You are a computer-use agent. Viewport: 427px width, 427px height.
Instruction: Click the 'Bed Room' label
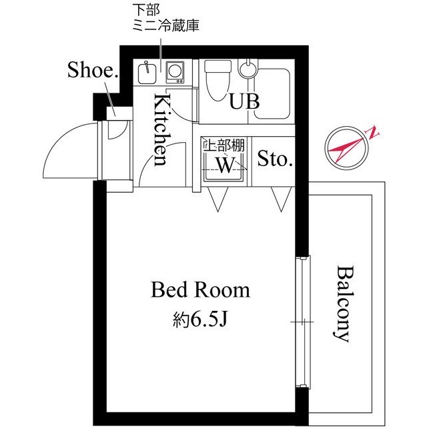(x=200, y=290)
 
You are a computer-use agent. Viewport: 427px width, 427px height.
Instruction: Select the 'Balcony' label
(x=343, y=304)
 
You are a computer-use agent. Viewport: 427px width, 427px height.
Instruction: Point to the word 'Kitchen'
(x=161, y=130)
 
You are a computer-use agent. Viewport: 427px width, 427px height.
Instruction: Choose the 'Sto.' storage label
(x=275, y=159)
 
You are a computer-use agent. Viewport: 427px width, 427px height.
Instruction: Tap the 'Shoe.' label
(x=92, y=71)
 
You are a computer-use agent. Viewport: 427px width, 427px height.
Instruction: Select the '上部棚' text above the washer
(x=221, y=144)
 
